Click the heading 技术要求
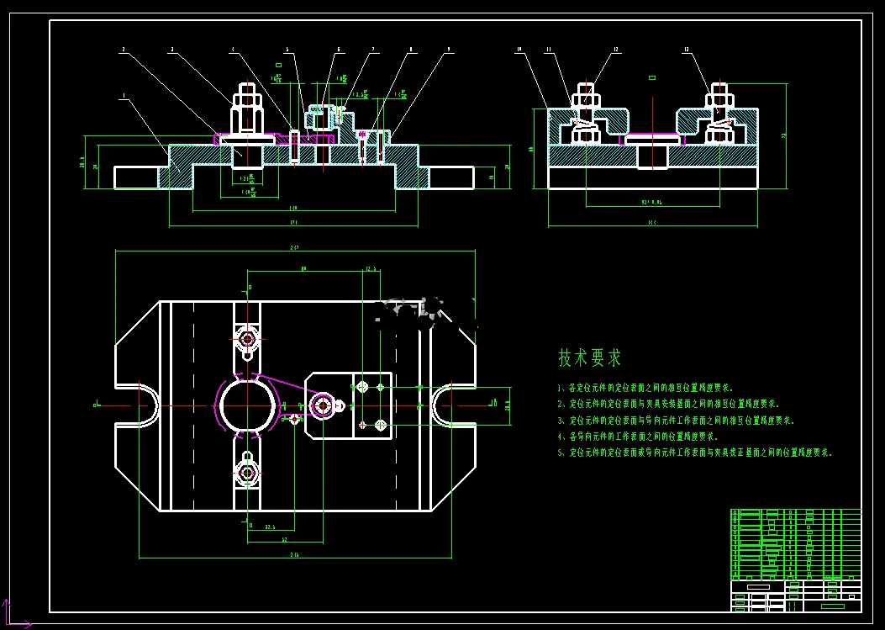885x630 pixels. point(590,357)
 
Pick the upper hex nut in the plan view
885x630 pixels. point(247,339)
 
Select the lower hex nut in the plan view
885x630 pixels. point(247,473)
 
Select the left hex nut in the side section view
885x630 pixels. point(586,99)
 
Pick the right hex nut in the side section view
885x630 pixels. point(719,99)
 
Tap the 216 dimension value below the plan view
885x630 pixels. point(295,555)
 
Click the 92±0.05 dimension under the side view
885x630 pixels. point(652,203)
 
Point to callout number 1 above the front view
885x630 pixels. point(124,98)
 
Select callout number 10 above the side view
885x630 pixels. point(519,50)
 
